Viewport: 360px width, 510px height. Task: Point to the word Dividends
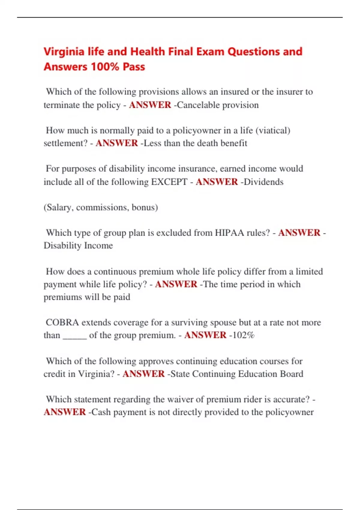264,182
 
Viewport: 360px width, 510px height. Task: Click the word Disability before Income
62,245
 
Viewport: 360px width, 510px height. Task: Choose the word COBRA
62,322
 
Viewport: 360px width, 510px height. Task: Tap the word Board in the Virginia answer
291,374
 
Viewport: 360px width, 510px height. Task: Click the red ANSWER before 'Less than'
117,143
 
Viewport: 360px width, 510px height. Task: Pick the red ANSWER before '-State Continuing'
143,374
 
